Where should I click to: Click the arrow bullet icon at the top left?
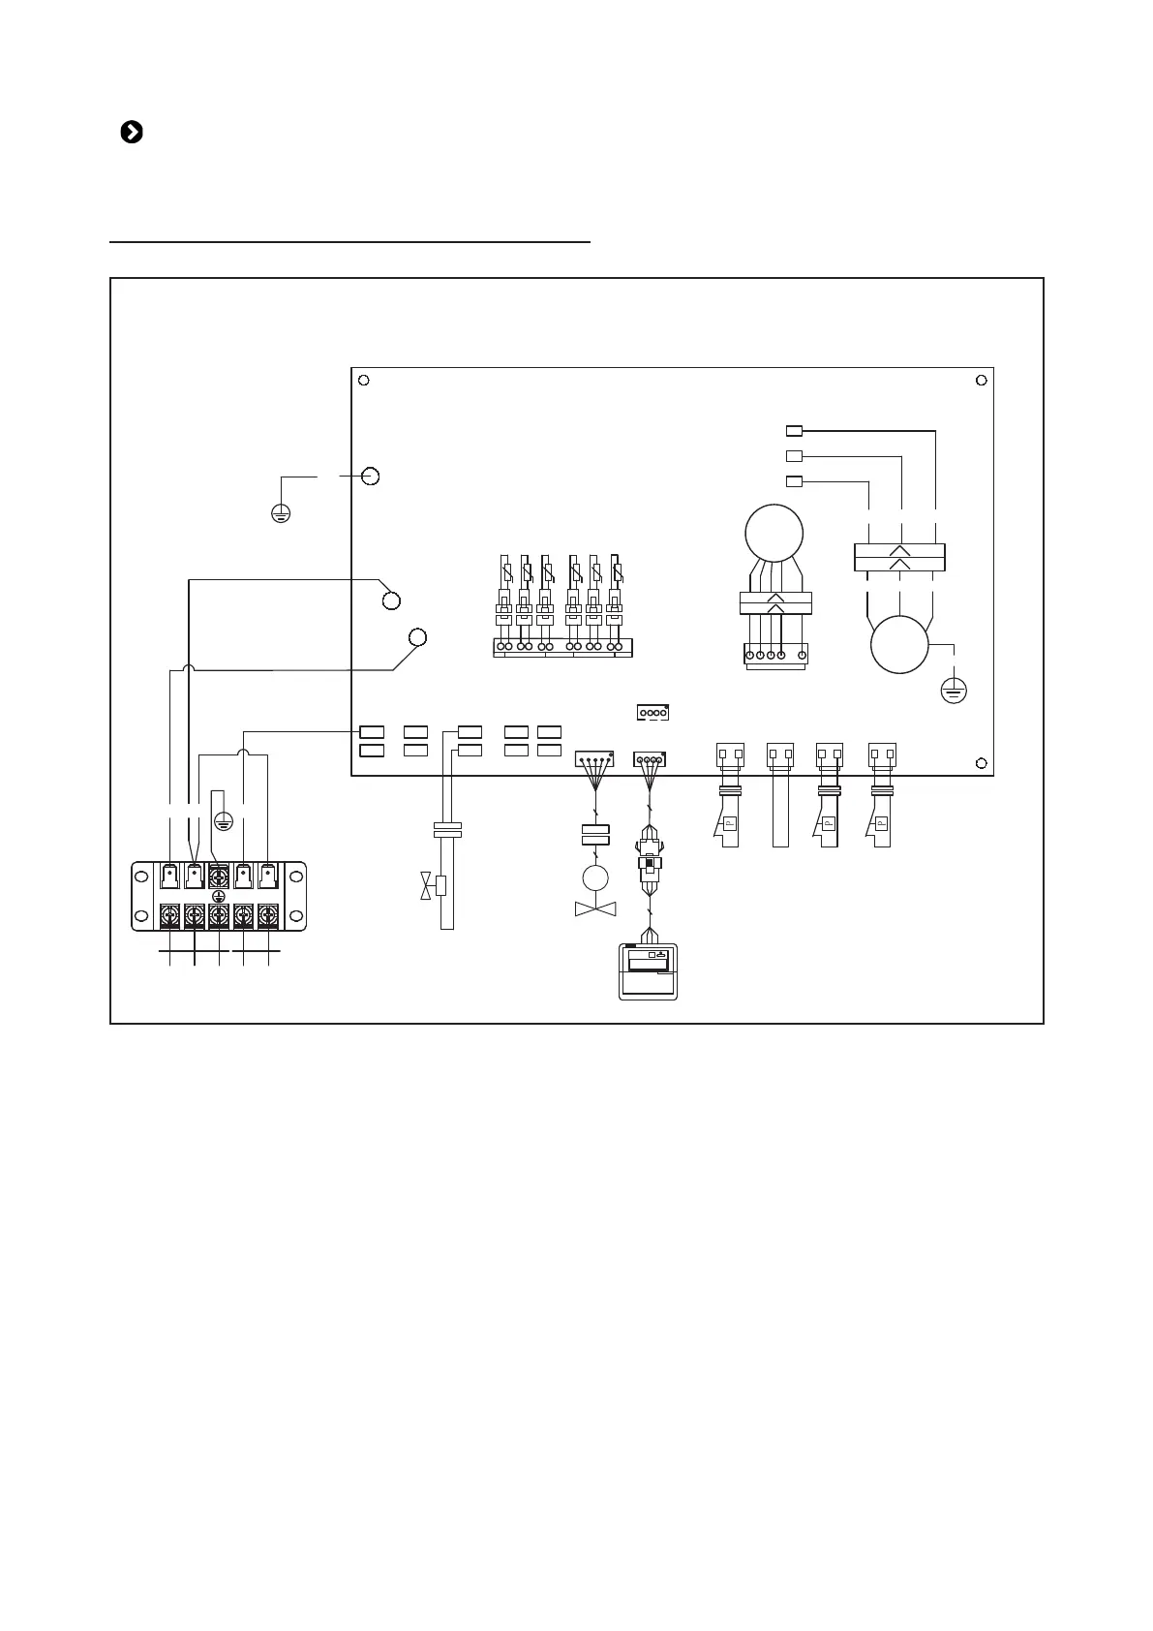point(132,133)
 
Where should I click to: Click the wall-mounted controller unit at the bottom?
point(648,971)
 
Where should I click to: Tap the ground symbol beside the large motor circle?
point(954,691)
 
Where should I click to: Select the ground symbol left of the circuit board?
point(280,512)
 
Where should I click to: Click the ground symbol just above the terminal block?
point(223,822)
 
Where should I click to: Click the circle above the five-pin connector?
point(774,532)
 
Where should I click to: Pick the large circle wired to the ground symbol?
point(899,644)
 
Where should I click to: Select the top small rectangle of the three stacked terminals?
point(794,430)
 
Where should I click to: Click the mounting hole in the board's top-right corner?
point(981,380)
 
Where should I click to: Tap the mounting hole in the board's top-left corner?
point(362,380)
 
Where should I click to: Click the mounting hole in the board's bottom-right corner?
point(981,763)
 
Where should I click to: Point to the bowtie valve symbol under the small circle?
point(593,909)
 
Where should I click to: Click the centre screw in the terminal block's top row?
point(219,876)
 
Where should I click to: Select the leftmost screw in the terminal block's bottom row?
point(169,914)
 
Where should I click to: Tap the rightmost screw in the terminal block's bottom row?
point(268,914)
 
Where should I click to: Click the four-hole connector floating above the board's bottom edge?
point(653,713)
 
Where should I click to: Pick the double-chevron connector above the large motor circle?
point(899,558)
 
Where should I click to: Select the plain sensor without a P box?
point(780,794)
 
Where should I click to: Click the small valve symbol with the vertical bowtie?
point(427,885)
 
